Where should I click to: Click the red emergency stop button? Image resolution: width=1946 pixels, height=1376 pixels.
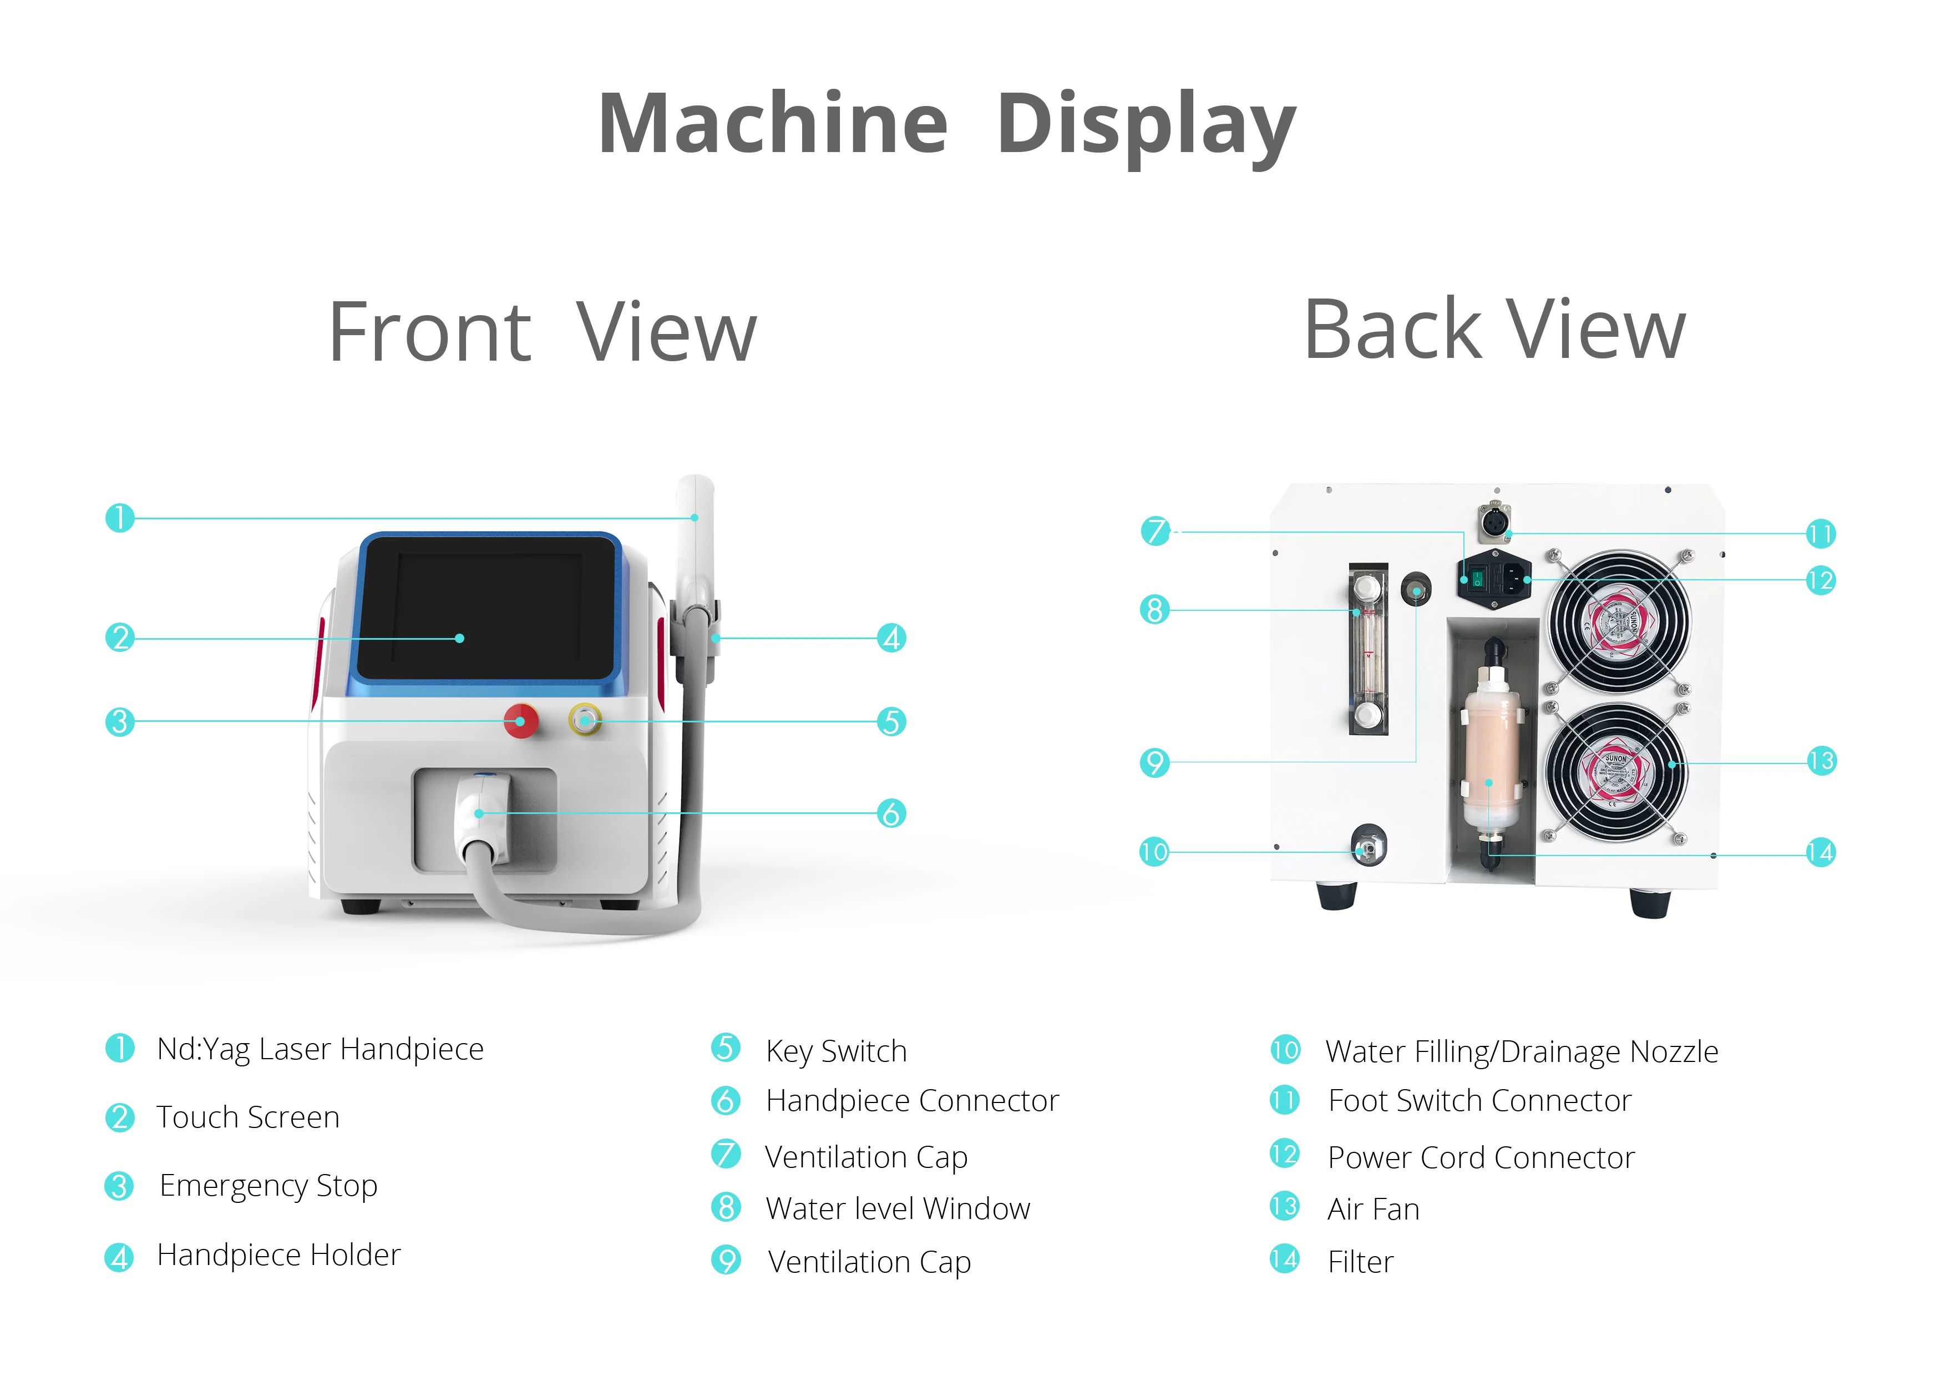(x=520, y=721)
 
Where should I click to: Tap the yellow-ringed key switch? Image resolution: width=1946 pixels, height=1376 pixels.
(x=585, y=721)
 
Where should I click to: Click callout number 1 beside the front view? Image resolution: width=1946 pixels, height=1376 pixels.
(x=119, y=517)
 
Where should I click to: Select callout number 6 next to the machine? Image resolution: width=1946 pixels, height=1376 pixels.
(x=891, y=813)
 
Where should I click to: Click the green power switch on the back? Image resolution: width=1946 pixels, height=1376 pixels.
(x=1477, y=579)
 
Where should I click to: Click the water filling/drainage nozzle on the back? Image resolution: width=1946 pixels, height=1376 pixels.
(x=1367, y=847)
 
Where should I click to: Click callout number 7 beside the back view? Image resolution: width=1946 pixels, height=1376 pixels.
(x=1154, y=532)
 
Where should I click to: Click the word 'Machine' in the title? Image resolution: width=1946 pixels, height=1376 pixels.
(x=773, y=125)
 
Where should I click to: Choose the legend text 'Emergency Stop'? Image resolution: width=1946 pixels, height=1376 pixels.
(x=268, y=1185)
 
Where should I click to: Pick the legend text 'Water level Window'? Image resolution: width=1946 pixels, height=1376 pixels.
(x=898, y=1208)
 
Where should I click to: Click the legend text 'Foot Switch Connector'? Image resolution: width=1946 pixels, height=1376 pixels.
(x=1479, y=1100)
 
